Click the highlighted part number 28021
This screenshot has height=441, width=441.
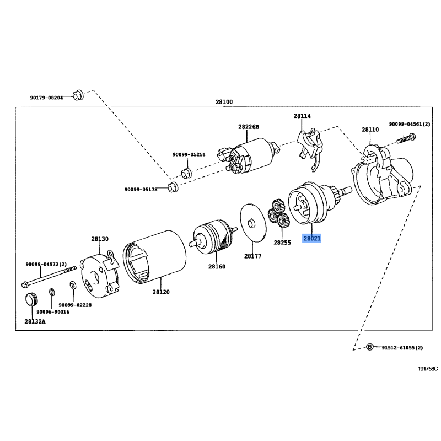(x=312, y=238)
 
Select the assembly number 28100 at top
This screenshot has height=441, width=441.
(x=224, y=102)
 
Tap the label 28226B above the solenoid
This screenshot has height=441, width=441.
(x=249, y=127)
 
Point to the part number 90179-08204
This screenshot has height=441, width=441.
(x=46, y=98)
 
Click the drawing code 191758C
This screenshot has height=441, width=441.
(x=428, y=369)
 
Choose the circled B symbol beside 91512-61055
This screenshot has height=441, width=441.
(x=369, y=347)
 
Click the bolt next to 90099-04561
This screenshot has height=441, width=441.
(x=406, y=138)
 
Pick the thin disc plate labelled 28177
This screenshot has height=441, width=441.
(x=253, y=223)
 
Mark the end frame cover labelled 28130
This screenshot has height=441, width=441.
(x=100, y=273)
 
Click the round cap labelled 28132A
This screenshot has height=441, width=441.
(x=31, y=300)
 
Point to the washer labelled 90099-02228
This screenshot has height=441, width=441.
(x=73, y=285)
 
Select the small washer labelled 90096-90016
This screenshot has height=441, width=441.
(x=52, y=292)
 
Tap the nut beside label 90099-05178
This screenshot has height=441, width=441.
(x=173, y=187)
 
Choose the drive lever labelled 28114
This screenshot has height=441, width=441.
(x=309, y=149)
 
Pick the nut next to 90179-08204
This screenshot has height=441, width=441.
(x=78, y=95)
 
